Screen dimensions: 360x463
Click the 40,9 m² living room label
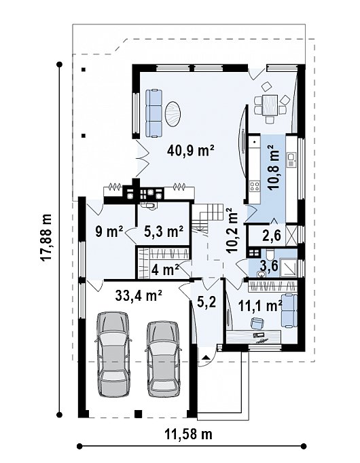click(x=190, y=151)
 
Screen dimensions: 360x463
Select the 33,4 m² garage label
click(x=139, y=295)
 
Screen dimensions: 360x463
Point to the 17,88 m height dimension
click(x=46, y=237)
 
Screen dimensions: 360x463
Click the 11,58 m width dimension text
click(x=188, y=434)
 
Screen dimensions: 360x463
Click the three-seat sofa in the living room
click(x=154, y=113)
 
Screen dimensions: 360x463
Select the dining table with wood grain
click(x=270, y=105)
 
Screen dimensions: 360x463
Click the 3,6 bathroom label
click(x=269, y=265)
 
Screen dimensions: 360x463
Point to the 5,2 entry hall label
click(x=207, y=302)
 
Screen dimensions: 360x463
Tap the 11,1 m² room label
click(x=259, y=306)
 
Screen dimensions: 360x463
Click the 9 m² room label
click(x=109, y=231)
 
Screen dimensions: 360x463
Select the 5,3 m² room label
click(x=164, y=231)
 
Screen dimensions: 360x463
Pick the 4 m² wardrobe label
click(x=165, y=270)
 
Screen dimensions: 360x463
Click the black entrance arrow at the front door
click(x=206, y=357)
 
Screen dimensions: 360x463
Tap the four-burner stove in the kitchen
click(x=255, y=186)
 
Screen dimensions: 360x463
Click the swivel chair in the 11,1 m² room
click(x=257, y=322)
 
